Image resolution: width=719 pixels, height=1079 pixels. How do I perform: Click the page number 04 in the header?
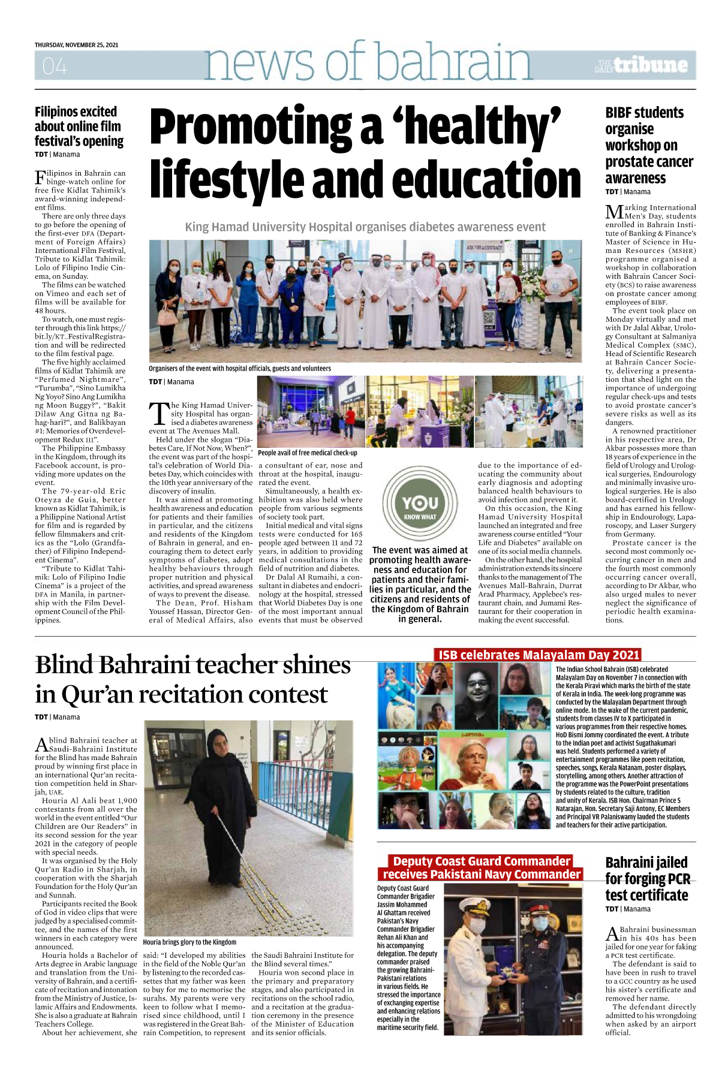[55, 65]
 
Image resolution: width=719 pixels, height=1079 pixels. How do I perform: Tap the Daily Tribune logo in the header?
[642, 65]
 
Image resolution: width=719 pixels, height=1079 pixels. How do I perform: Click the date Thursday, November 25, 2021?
[76, 45]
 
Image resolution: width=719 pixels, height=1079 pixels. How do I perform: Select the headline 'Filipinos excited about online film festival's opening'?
[79, 126]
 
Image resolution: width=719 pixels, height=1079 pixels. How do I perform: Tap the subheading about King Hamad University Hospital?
[365, 227]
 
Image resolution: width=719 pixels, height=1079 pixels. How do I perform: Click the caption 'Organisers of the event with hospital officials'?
[239, 369]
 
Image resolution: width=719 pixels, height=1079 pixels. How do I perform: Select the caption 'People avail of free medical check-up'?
[307, 453]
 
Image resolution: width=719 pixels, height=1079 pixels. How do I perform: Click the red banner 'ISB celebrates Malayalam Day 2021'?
[539, 655]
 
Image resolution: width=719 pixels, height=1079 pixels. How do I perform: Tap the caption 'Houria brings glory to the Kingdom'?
[189, 942]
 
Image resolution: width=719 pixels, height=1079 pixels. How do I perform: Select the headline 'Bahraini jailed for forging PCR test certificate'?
[647, 879]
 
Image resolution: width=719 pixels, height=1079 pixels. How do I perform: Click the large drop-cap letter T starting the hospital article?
[159, 414]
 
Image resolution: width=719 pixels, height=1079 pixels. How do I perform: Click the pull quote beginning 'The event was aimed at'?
[420, 584]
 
